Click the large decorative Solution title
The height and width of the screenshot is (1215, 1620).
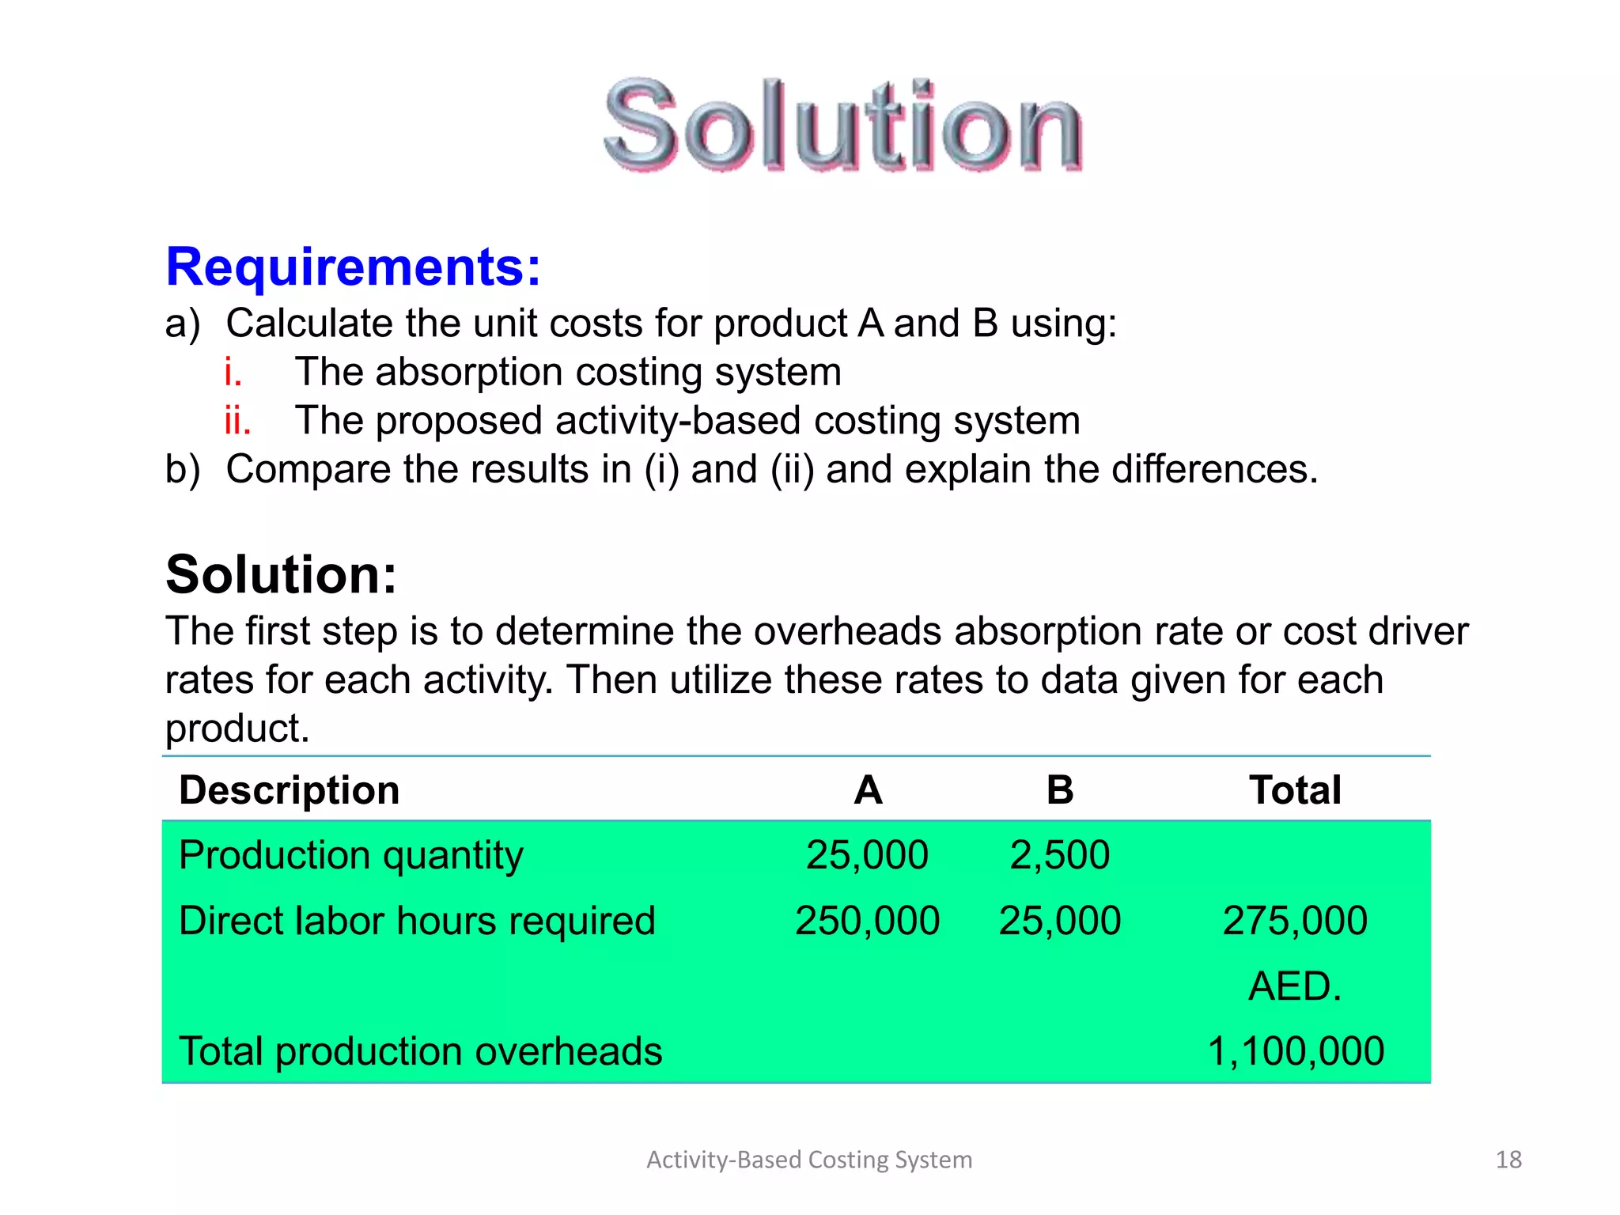click(x=843, y=127)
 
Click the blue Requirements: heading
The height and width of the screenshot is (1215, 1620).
click(x=353, y=267)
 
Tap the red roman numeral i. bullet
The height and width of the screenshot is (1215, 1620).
click(x=233, y=372)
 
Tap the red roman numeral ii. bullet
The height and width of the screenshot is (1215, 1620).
click(x=237, y=421)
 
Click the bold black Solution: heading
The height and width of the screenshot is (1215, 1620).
click(x=281, y=574)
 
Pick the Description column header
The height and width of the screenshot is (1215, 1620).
click(x=290, y=790)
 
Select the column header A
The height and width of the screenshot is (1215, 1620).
click(x=868, y=790)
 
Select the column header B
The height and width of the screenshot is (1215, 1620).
click(x=1060, y=790)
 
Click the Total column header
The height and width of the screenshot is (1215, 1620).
click(x=1295, y=790)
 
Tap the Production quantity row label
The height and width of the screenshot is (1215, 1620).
click(x=351, y=856)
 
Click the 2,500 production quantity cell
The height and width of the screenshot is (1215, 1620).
click(x=1060, y=856)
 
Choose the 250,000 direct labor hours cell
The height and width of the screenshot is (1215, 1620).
click(x=867, y=922)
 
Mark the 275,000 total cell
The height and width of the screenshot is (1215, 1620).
click(x=1295, y=922)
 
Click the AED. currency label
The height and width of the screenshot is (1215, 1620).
click(x=1295, y=987)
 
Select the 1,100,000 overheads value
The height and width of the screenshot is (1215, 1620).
click(x=1296, y=1052)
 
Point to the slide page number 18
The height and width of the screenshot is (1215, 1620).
click(x=1508, y=1160)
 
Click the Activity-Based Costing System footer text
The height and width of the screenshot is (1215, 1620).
click(x=809, y=1160)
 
